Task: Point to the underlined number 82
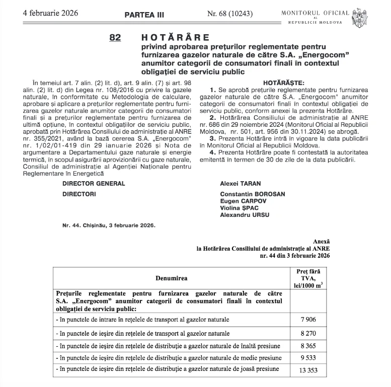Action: tap(115, 38)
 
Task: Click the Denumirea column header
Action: tap(172, 278)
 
